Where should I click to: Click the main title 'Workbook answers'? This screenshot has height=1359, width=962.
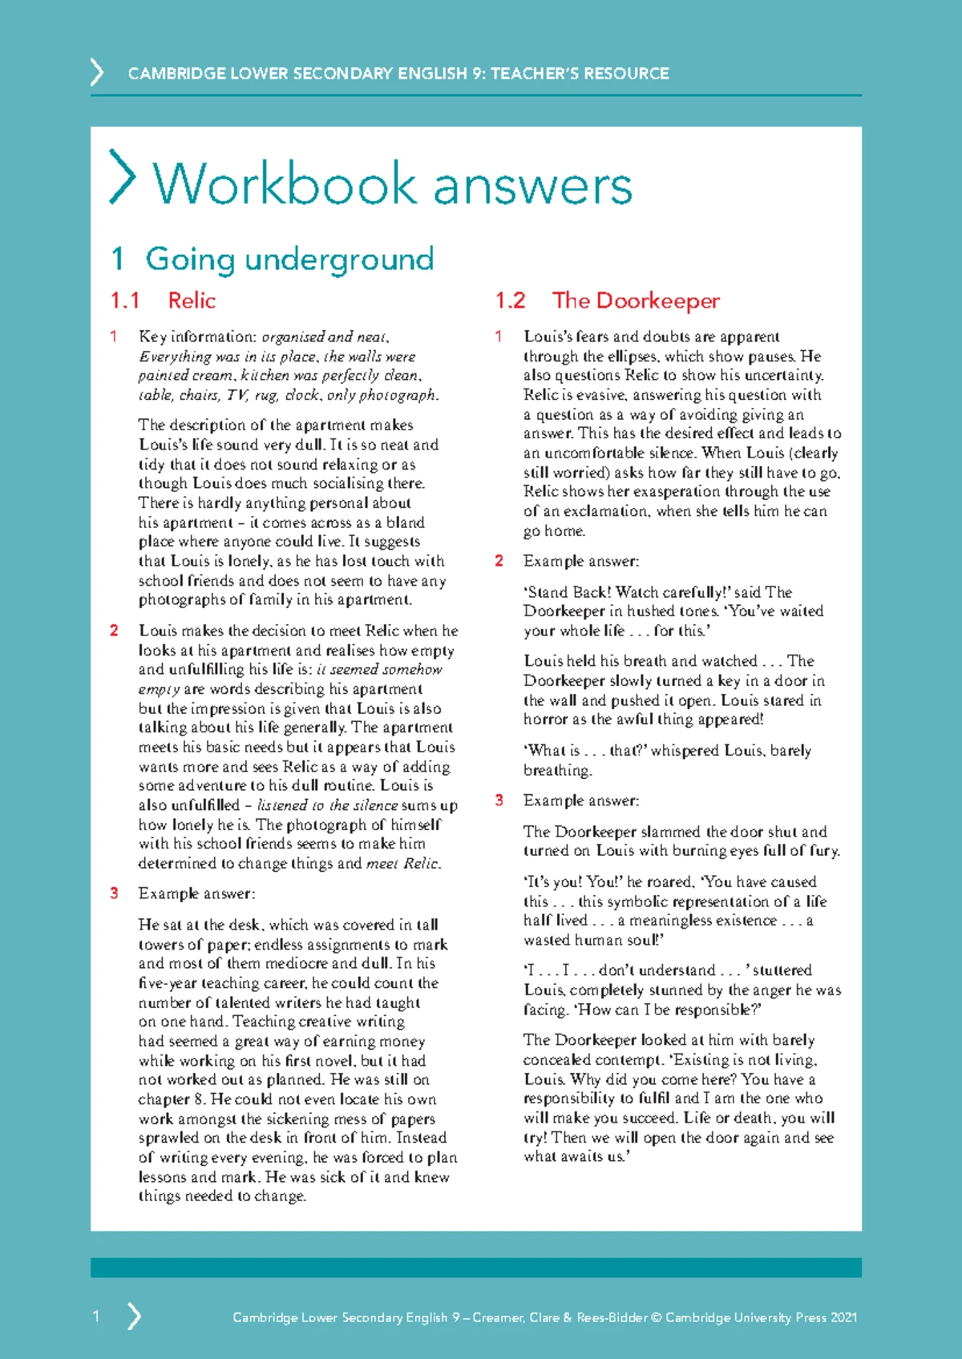tap(393, 184)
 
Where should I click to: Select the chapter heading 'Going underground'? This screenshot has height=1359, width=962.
tap(289, 259)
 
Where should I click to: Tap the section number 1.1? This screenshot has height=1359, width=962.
tap(125, 300)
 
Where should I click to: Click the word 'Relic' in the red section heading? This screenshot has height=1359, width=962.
tap(192, 300)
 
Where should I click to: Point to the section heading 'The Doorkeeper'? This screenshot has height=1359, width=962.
tap(636, 300)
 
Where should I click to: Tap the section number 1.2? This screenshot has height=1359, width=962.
tap(510, 300)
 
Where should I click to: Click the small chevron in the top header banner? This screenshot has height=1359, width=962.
tap(97, 72)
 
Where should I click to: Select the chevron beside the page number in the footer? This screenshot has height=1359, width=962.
tap(135, 1316)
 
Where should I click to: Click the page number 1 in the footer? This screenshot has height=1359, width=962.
tap(96, 1316)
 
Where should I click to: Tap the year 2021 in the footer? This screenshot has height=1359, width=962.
tap(843, 1317)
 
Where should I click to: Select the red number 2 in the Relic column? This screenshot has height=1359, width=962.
tap(114, 631)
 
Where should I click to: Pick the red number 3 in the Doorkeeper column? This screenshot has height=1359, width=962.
tap(499, 800)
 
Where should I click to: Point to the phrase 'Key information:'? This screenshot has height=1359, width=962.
tap(197, 337)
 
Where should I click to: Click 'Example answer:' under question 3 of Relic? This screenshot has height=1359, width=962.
tap(196, 893)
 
